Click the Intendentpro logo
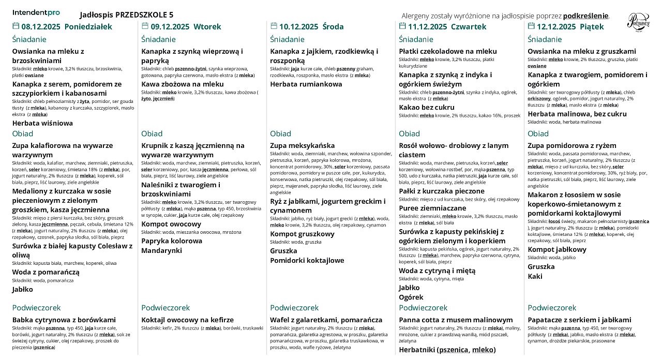coord(36,12)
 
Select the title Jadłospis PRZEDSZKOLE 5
coord(127,14)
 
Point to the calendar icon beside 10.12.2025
coord(274,26)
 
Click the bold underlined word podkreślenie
coord(586,16)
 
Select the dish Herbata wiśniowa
coord(42,123)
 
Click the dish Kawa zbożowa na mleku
coord(183,84)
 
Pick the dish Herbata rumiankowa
coord(306,84)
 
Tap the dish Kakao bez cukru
coord(427,107)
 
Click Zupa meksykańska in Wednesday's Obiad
coord(302,145)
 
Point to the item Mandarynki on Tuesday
coord(161,250)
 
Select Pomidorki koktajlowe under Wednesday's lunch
coord(307,260)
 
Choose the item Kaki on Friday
coord(535,276)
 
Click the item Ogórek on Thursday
coord(411,297)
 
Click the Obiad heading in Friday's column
coord(538,133)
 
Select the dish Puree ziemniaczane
coord(432,208)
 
